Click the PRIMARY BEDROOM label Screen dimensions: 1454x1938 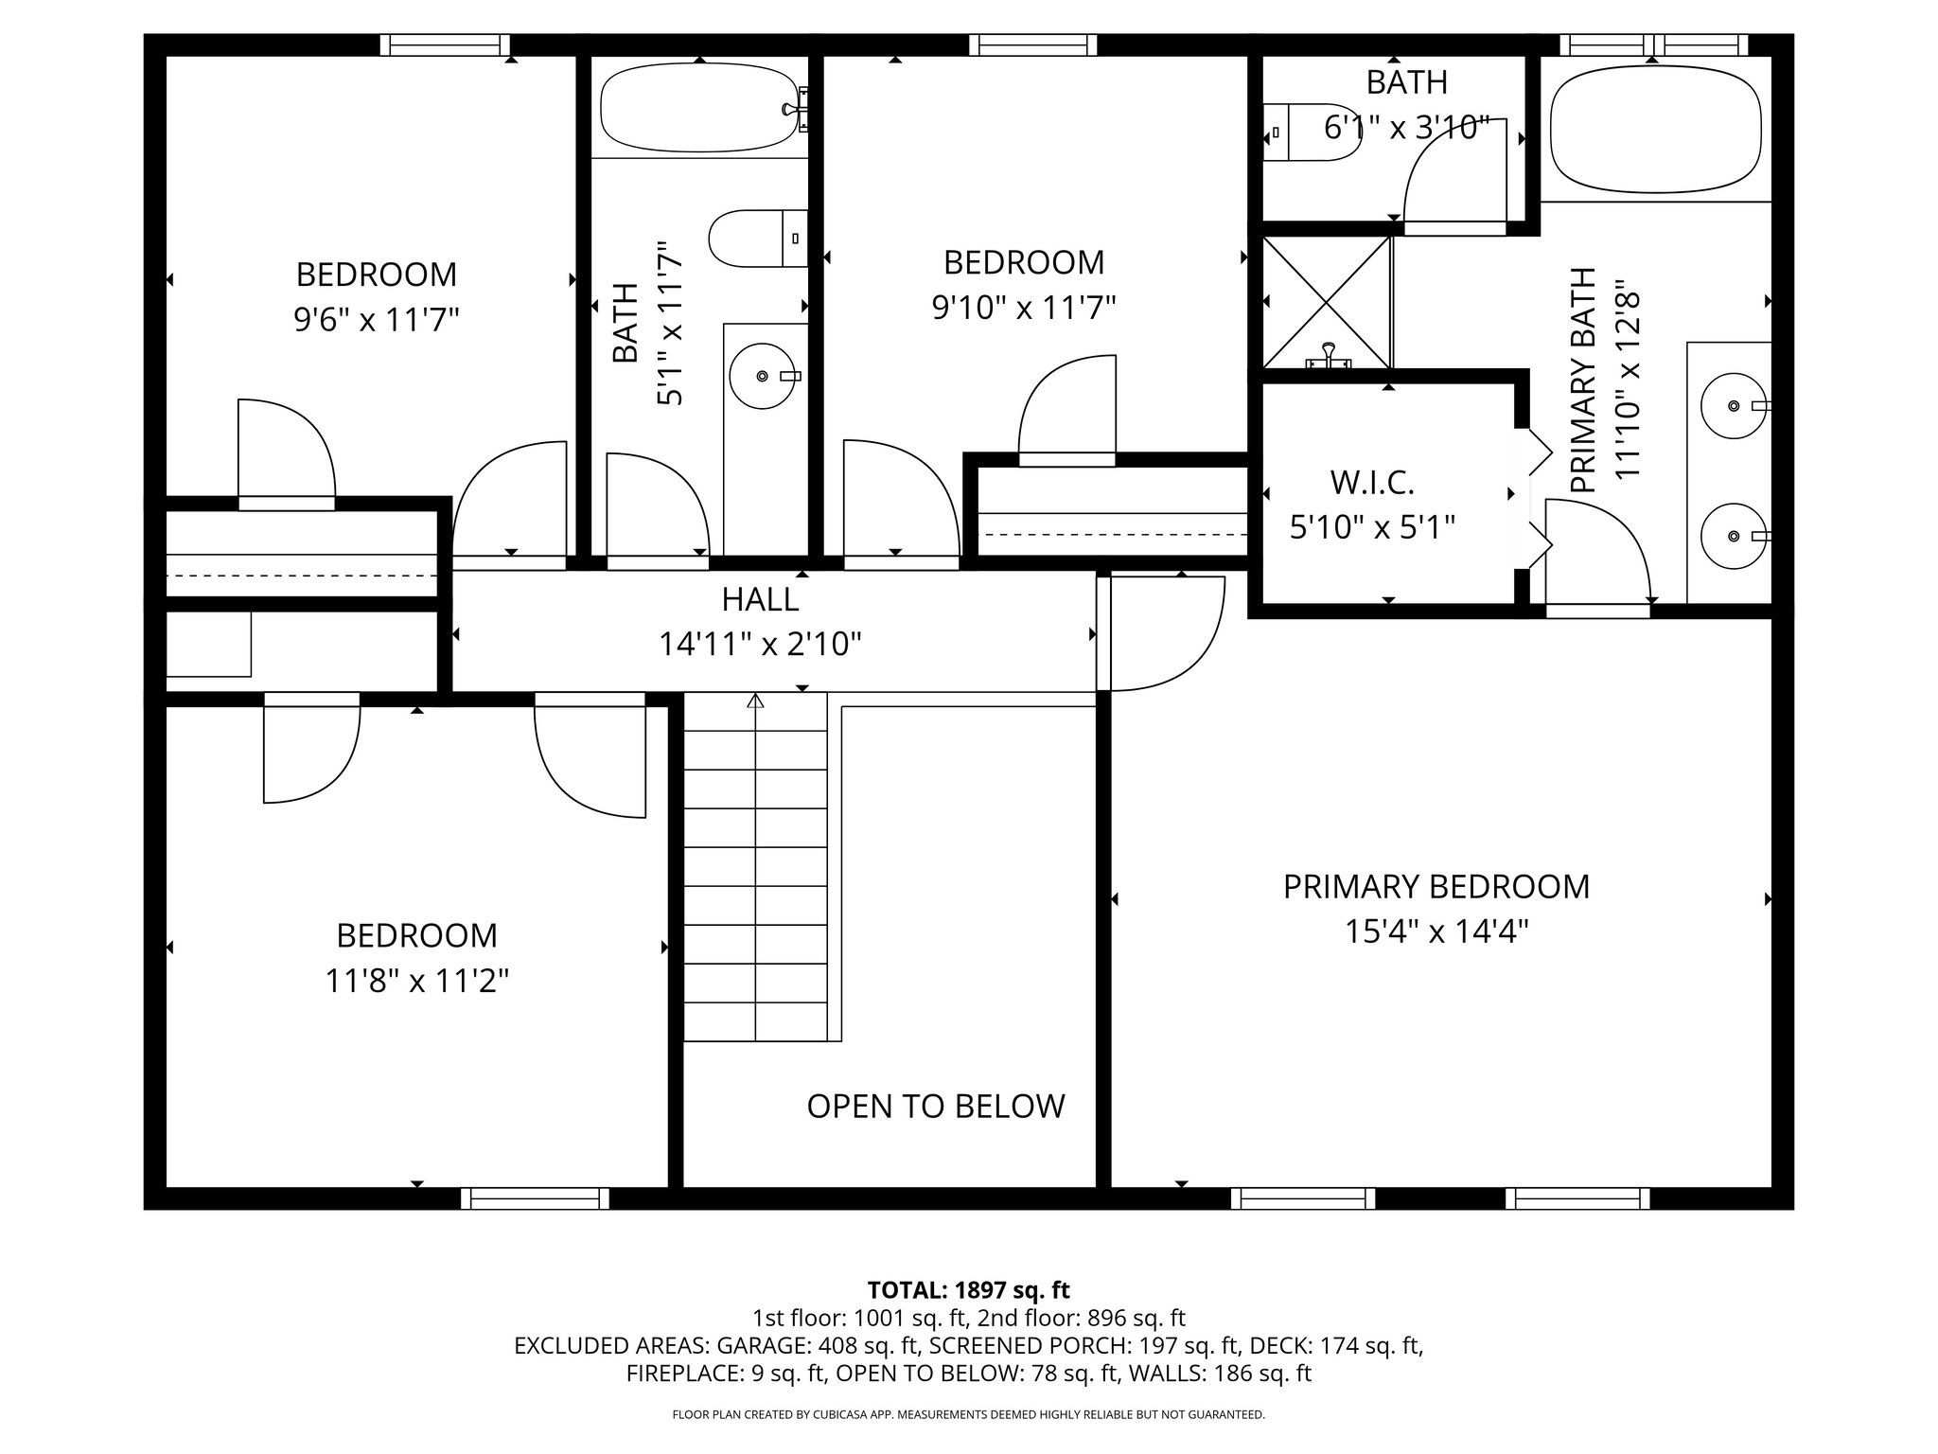coord(1436,887)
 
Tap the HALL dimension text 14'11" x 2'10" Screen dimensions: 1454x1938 coord(760,645)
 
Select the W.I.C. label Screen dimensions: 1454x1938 coord(1372,483)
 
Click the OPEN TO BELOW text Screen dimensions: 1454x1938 coord(935,1106)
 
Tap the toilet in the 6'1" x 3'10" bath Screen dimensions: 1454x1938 coord(1310,133)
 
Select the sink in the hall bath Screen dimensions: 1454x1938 coord(762,376)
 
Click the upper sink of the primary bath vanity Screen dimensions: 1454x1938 coord(1734,405)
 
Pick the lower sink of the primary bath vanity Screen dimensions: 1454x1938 coord(1734,536)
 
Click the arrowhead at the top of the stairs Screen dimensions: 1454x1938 coord(755,701)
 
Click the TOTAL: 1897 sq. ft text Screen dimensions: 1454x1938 coord(968,1289)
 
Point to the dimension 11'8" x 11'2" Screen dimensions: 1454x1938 coord(417,982)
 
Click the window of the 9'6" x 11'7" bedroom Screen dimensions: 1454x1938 coord(445,45)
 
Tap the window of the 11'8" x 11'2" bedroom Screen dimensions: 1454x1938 coord(535,1198)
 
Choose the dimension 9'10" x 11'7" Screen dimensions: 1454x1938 coord(1024,308)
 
